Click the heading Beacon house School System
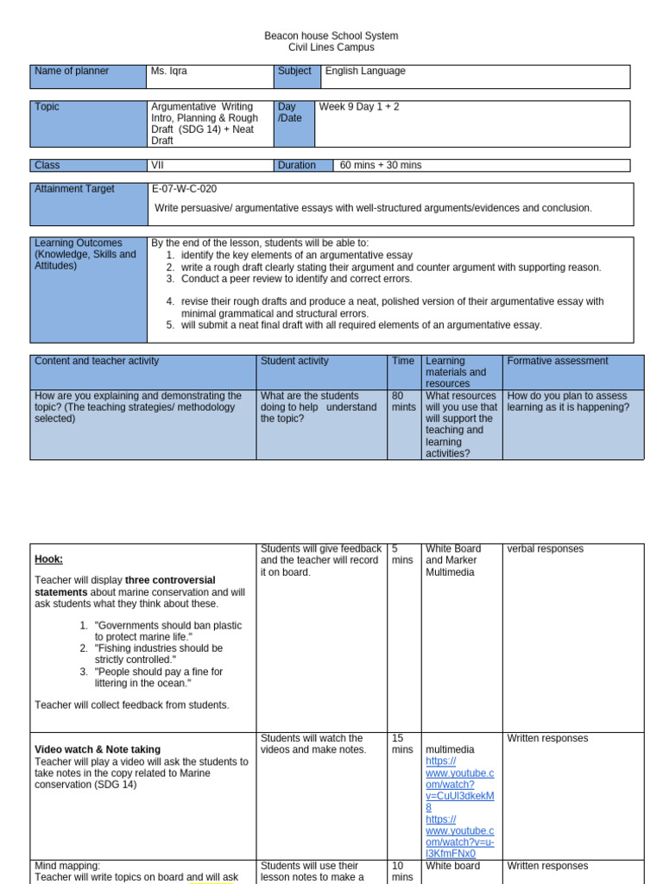[x=331, y=35]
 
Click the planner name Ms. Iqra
[x=169, y=71]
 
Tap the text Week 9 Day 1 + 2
[x=359, y=107]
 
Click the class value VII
[x=157, y=165]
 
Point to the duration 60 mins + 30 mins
[x=381, y=165]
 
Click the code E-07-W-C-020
[x=184, y=189]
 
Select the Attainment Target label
[x=74, y=189]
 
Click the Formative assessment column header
[x=558, y=361]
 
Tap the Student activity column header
[x=294, y=361]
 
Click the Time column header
[x=403, y=361]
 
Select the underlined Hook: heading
[x=48, y=559]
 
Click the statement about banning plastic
[x=168, y=631]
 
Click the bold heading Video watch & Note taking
[x=97, y=749]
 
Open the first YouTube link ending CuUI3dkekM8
[x=459, y=784]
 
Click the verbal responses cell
[x=545, y=548]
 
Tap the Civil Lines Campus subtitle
[x=331, y=47]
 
